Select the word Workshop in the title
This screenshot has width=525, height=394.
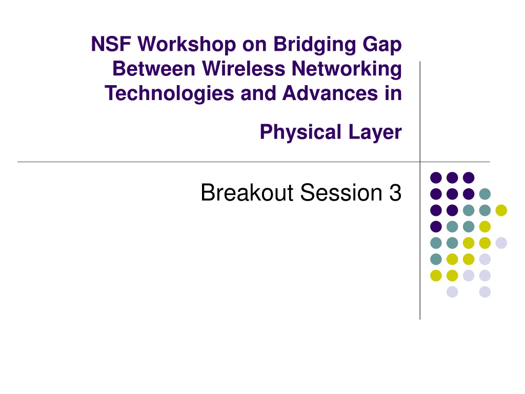coord(187,45)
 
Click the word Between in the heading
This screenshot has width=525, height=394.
coord(154,69)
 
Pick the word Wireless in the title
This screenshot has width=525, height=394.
coord(244,69)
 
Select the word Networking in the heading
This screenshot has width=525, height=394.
coord(347,69)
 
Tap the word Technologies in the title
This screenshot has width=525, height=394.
coord(169,93)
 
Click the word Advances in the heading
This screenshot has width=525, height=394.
coord(330,93)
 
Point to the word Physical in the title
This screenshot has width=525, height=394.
coord(300,132)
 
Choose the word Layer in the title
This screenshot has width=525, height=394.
coord(375,132)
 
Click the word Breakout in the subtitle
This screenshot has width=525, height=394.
coord(247,193)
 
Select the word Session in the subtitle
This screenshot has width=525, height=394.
coord(341,193)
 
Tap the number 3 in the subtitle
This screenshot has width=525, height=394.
coord(395,193)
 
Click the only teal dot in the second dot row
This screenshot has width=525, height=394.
coord(485,193)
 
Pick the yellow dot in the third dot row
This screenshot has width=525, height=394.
coord(501,210)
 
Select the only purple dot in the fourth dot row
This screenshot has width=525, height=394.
coord(436,226)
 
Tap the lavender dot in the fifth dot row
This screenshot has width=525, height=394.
coord(501,243)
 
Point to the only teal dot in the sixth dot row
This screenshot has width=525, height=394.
coord(436,259)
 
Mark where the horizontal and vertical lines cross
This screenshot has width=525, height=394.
coord(420,162)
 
